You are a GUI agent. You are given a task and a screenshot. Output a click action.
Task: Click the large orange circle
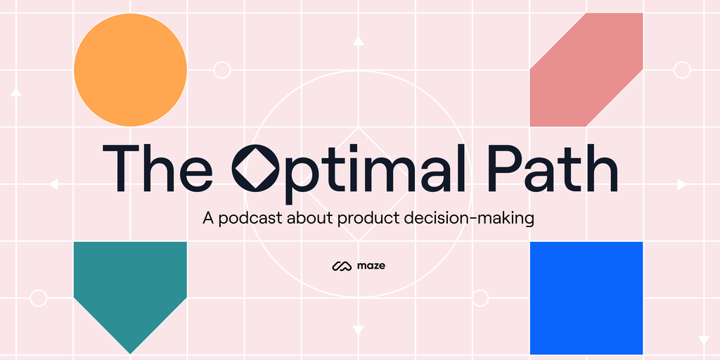130,70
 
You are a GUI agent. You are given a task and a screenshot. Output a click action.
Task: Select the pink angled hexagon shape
586,70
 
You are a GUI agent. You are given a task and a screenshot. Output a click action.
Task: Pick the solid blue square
586,298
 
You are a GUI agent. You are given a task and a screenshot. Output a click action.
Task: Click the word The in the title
157,168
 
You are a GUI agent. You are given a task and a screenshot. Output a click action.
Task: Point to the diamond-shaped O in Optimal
255,167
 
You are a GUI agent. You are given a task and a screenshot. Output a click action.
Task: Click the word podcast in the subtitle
250,218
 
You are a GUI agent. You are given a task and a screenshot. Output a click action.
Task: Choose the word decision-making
469,218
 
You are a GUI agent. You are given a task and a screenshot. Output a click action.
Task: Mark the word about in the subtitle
309,218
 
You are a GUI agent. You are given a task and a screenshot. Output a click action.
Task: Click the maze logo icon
342,266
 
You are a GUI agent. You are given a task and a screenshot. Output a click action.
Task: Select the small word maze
371,266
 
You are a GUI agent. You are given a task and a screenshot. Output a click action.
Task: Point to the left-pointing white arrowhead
53,184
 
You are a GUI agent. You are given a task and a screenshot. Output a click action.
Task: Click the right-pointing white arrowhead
682,184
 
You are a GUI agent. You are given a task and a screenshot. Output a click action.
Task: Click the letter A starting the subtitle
209,218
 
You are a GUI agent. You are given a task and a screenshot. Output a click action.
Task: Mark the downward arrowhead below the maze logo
358,330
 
